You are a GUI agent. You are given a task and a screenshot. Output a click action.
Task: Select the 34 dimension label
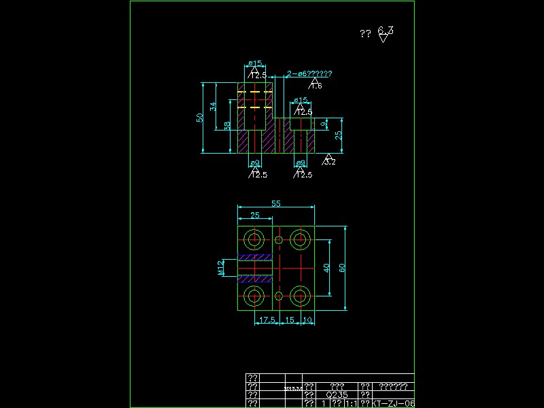click(x=213, y=107)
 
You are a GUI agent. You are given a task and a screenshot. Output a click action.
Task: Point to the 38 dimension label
click(x=226, y=126)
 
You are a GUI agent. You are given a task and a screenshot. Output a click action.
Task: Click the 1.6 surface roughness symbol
click(x=316, y=85)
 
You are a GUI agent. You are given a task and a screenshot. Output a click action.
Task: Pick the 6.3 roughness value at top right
click(x=386, y=31)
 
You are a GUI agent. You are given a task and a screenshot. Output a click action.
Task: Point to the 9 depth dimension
click(x=323, y=124)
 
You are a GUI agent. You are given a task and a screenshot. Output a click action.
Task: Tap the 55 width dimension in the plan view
click(x=276, y=203)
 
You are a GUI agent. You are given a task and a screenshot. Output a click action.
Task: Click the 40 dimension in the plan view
click(x=326, y=268)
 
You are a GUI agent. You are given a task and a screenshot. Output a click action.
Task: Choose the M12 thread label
click(x=220, y=268)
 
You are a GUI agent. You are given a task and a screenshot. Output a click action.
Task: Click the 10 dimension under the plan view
click(x=308, y=319)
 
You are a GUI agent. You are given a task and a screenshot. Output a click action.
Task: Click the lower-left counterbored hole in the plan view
click(x=256, y=296)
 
